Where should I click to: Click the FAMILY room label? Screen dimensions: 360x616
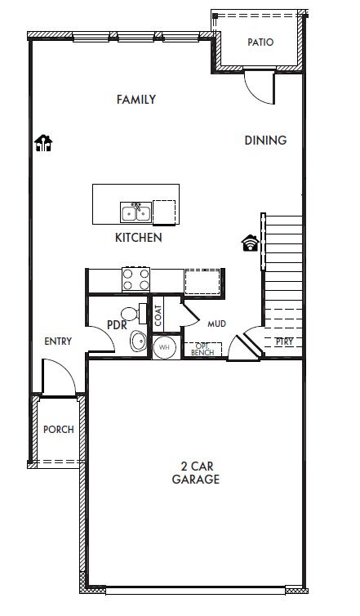click(x=136, y=100)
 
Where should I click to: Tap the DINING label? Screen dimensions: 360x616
click(x=265, y=141)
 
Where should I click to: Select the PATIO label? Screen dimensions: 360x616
click(x=260, y=42)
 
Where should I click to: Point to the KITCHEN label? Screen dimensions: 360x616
click(x=139, y=238)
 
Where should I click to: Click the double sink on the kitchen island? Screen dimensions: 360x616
click(x=136, y=212)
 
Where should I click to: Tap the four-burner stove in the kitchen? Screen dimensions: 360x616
click(x=136, y=279)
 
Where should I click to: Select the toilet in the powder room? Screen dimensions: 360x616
click(x=134, y=314)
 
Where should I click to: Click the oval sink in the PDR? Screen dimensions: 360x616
click(x=138, y=341)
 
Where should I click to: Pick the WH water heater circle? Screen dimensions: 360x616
click(x=165, y=348)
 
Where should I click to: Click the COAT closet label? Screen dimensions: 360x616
click(x=158, y=316)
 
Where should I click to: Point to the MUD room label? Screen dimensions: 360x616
click(x=216, y=324)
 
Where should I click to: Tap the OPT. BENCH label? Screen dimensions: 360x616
click(x=202, y=349)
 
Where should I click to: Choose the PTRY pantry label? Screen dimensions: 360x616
click(x=284, y=341)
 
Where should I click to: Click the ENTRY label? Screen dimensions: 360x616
click(x=58, y=341)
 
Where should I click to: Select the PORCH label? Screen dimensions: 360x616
click(x=59, y=430)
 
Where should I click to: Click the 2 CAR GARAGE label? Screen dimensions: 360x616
click(x=196, y=472)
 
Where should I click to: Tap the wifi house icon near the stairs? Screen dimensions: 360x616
click(x=250, y=243)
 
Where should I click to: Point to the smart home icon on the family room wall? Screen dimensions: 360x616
click(x=43, y=143)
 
